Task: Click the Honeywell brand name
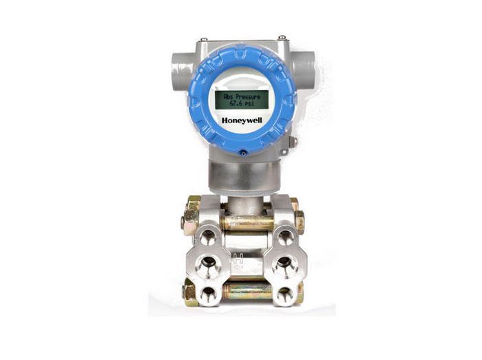(242, 120)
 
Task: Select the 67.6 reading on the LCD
(236, 103)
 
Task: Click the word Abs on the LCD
(229, 96)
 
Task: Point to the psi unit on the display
(249, 104)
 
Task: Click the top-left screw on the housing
(204, 39)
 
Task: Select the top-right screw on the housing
(282, 38)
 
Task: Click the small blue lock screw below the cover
(244, 153)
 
